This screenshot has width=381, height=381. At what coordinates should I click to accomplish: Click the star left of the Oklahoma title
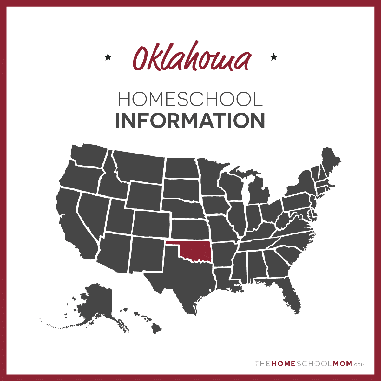108,57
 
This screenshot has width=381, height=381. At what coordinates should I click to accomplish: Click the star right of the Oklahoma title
273,57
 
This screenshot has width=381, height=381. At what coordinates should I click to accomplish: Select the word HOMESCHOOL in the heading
190,99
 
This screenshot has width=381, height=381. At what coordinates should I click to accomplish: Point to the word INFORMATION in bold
190,121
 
